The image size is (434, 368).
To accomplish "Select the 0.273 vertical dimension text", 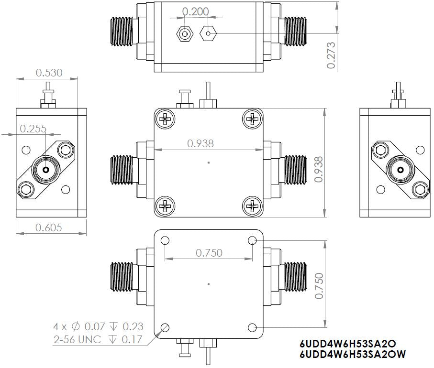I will [x=331, y=55].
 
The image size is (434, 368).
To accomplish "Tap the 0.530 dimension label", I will [x=50, y=73].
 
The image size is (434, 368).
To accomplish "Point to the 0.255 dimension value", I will [x=33, y=128].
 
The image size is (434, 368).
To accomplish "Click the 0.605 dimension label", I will [x=49, y=227].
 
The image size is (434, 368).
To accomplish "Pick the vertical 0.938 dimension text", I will [x=319, y=169].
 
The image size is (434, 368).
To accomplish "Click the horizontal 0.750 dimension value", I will [x=209, y=253].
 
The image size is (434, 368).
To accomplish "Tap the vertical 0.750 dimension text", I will [x=319, y=286].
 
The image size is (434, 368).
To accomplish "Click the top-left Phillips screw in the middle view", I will [x=166, y=119].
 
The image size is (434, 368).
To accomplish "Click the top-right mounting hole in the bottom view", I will [x=252, y=241].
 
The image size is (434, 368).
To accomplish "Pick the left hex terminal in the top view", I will [x=185, y=34].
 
